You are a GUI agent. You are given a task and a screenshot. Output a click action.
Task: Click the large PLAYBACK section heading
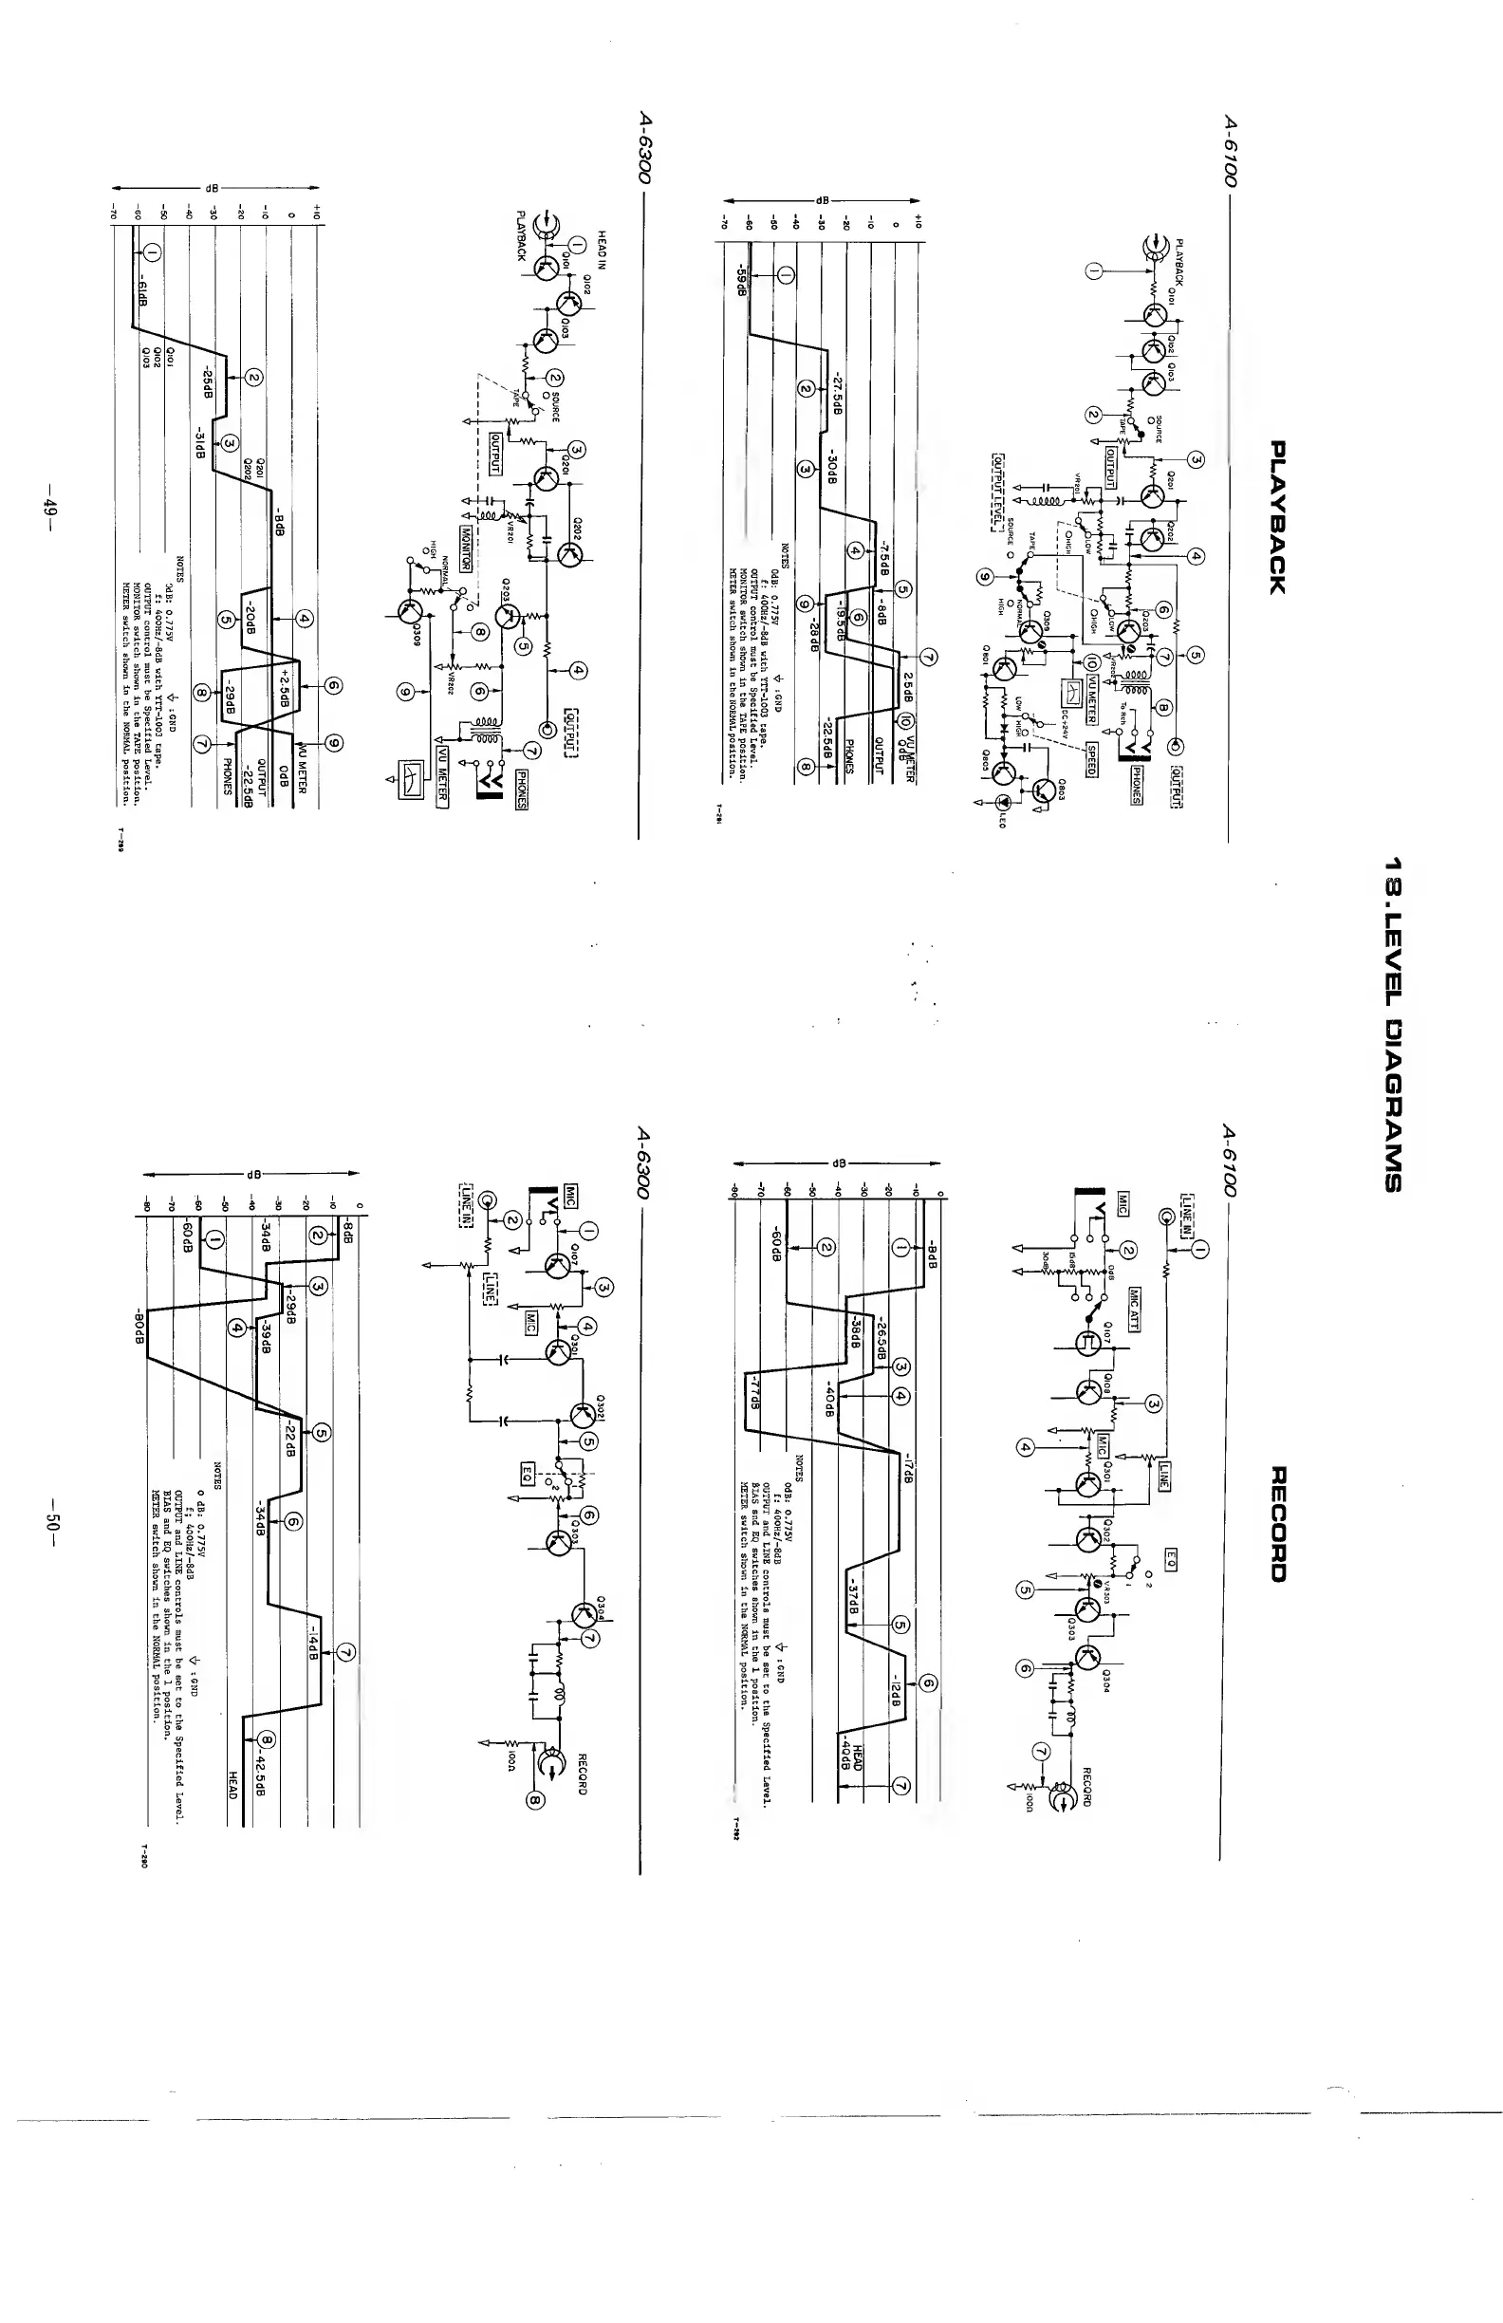point(1278,516)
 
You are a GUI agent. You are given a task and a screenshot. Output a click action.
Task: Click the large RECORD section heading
point(1279,1524)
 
